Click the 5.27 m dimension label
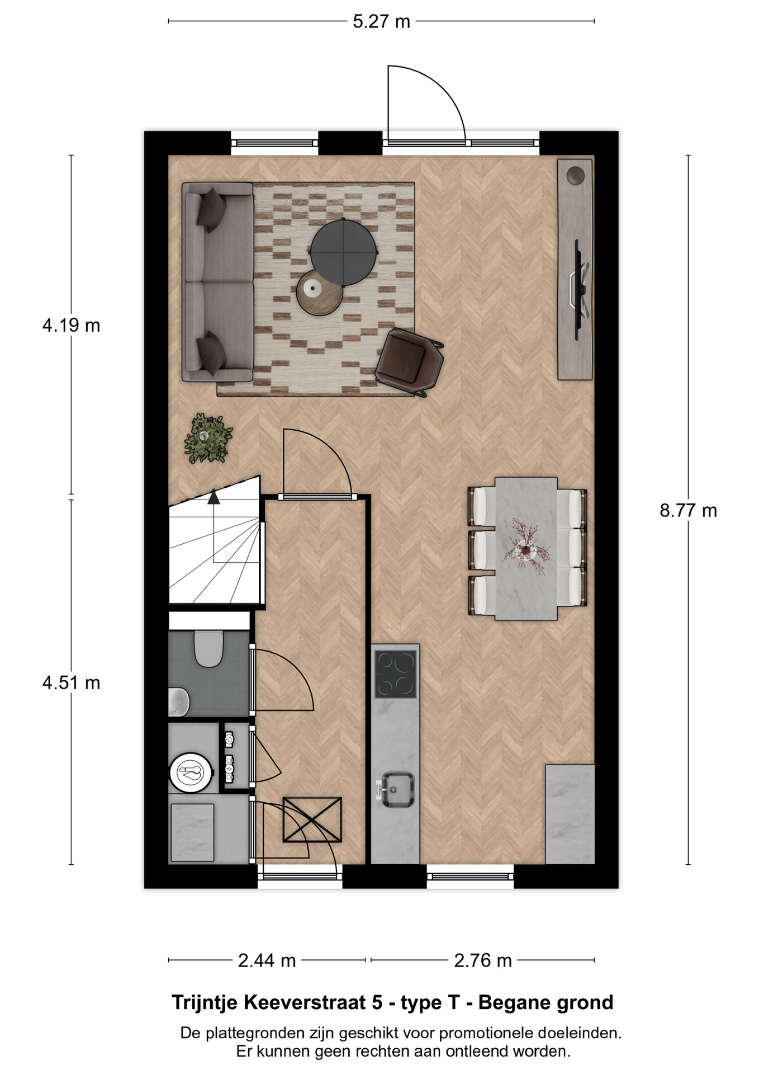(x=381, y=22)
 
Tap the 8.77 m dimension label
(x=688, y=511)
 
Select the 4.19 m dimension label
(x=71, y=325)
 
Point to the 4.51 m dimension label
(x=71, y=682)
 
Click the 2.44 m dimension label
(x=267, y=960)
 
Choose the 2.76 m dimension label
(x=483, y=960)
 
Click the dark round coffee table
(x=344, y=253)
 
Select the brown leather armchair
(x=409, y=362)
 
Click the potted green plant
(x=208, y=439)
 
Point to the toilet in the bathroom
(x=208, y=649)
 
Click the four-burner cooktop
(x=396, y=674)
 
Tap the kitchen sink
(x=398, y=790)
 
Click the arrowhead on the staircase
(x=214, y=497)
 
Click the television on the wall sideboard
(x=579, y=289)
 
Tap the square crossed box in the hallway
(x=312, y=819)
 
